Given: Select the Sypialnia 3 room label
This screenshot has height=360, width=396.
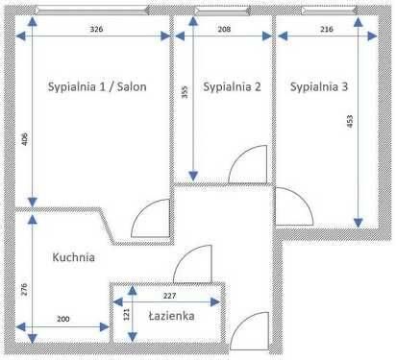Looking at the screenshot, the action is [320, 86].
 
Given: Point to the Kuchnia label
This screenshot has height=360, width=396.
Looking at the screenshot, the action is [73, 257].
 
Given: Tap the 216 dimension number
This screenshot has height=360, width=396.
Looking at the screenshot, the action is [326, 30].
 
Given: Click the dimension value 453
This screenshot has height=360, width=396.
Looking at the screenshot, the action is [350, 122].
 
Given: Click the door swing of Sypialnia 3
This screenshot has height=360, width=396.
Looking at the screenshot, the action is [289, 204].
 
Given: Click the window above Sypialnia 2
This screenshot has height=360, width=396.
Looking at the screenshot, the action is [222, 12].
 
